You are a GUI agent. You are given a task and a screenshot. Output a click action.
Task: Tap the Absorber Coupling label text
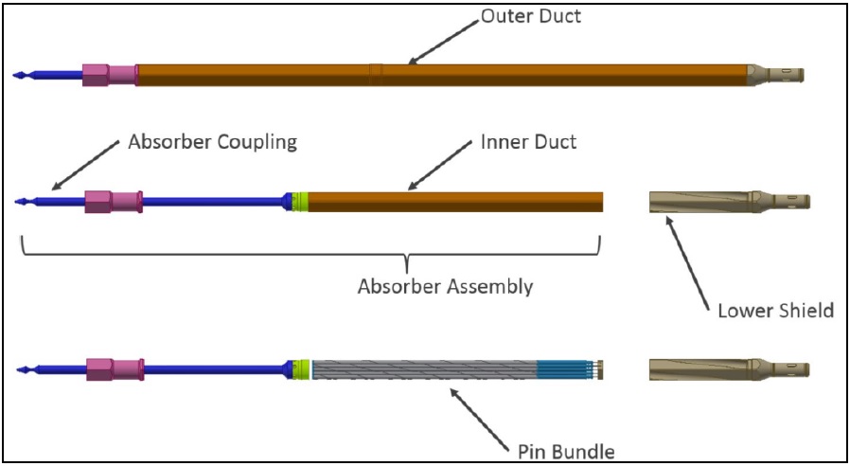[x=212, y=142]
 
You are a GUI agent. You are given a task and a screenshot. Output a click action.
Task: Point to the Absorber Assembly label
[x=445, y=286]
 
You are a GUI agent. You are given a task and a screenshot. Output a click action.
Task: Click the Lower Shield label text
[x=775, y=310]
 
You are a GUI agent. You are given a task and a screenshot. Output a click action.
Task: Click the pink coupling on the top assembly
[x=109, y=74]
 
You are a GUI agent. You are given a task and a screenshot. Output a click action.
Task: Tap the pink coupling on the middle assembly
[x=113, y=202]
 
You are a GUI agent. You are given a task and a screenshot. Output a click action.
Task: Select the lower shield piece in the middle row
[x=728, y=202]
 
